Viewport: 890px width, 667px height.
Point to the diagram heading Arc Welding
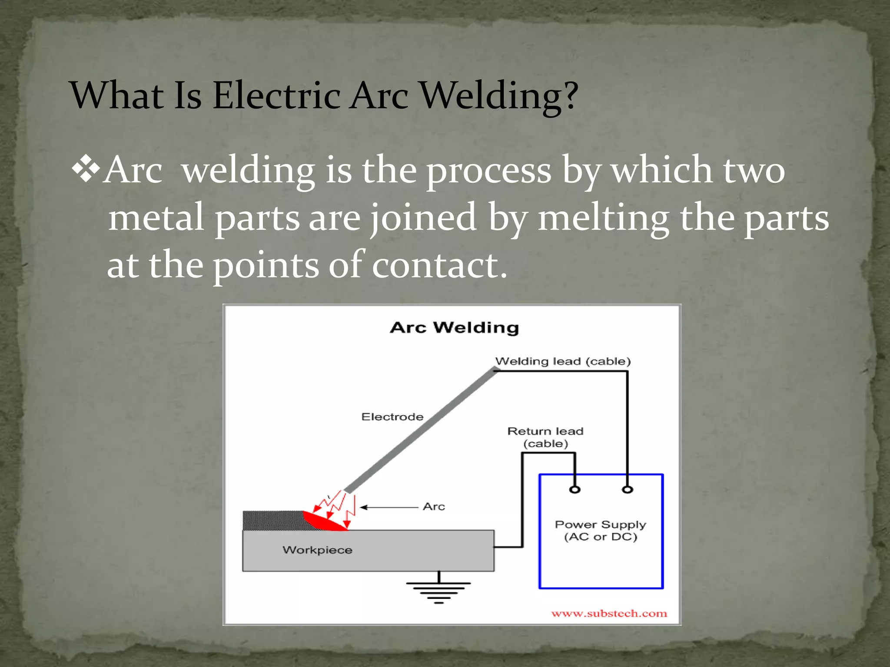pos(454,327)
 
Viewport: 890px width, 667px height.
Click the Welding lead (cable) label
pos(563,361)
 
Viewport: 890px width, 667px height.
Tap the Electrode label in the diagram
pos(392,417)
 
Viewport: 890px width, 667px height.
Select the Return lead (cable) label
pos(545,437)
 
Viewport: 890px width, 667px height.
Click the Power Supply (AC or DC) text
pos(601,531)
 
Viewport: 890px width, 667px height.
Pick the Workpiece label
pos(317,550)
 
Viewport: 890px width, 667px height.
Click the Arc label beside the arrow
pos(434,507)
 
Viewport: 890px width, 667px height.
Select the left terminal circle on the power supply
pos(575,490)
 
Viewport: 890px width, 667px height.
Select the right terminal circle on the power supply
pos(627,490)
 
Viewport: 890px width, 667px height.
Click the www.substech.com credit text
pos(609,614)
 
